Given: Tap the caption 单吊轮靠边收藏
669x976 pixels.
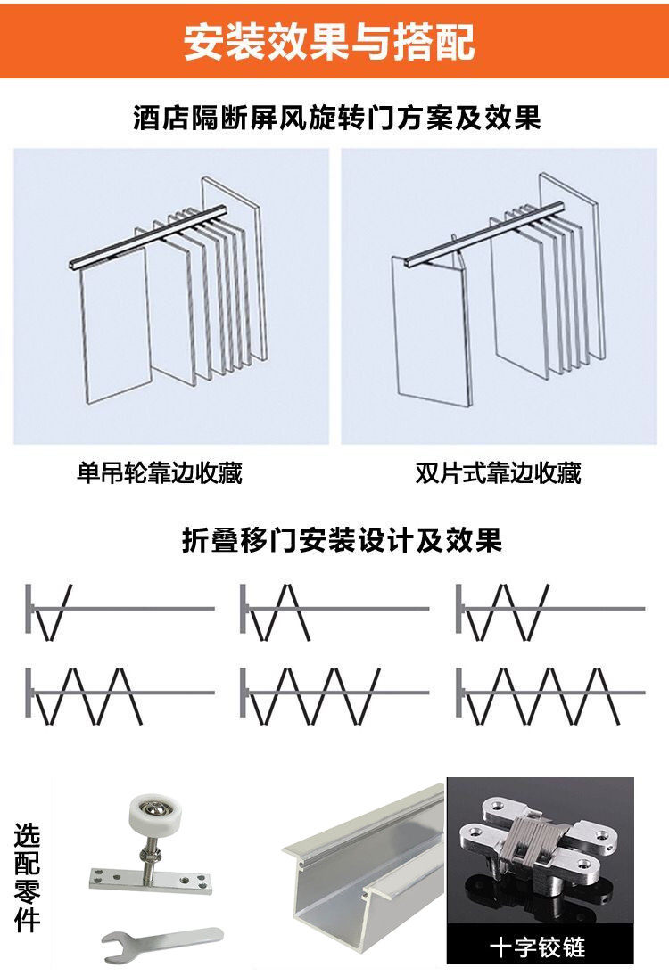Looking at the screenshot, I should point(159,472).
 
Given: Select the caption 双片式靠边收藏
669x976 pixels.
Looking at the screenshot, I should point(498,472).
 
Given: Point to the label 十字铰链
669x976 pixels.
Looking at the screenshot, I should point(538,946).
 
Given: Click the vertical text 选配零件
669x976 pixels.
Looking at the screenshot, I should point(28,878).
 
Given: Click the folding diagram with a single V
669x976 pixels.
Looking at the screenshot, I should point(54,611).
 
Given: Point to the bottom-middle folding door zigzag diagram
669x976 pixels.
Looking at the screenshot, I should point(312,695).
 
